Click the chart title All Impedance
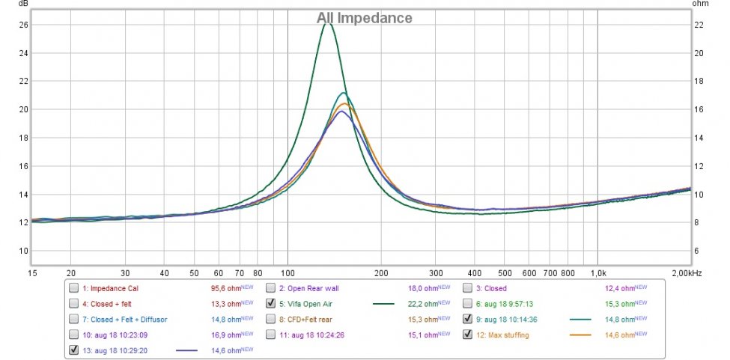coord(364,17)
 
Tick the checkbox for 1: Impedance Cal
coord(73,288)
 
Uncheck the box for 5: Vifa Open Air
coord(271,304)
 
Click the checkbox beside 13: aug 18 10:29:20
coord(73,350)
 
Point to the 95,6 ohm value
coord(226,288)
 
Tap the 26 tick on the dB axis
coord(23,25)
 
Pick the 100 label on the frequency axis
coord(288,274)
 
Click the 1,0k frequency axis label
coord(597,274)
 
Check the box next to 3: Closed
coord(468,288)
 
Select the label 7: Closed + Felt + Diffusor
coord(124,319)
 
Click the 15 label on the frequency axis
coord(32,274)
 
